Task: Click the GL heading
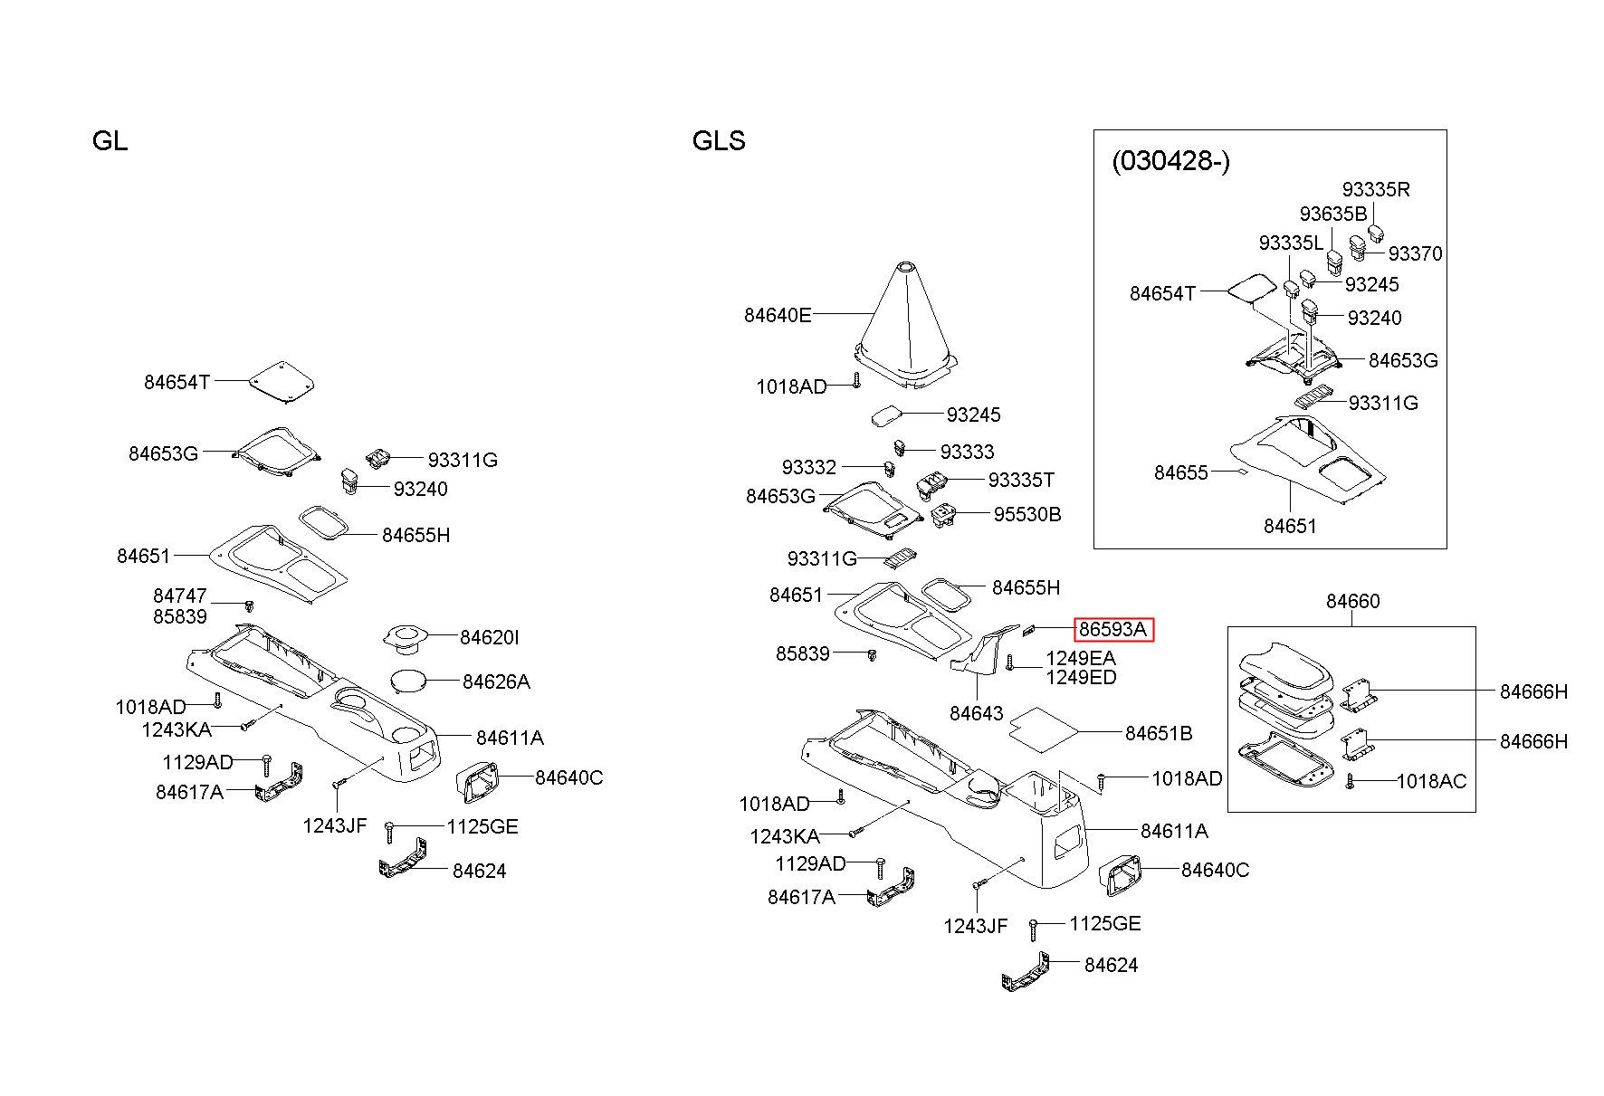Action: (110, 141)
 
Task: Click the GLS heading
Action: (719, 141)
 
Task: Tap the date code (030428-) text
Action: (1170, 161)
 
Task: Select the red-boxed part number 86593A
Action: (1112, 629)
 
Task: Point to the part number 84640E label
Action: (778, 315)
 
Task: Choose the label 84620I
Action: (490, 637)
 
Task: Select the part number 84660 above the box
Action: (1353, 601)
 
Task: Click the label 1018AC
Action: (1431, 781)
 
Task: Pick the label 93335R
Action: (1376, 189)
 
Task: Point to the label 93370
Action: (1416, 253)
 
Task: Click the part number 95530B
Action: (1027, 514)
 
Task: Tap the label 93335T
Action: (1021, 480)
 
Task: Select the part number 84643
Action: (977, 713)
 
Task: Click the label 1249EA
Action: (1081, 658)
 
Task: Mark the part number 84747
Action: (180, 596)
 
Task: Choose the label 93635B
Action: (1333, 214)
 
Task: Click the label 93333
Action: (967, 451)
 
